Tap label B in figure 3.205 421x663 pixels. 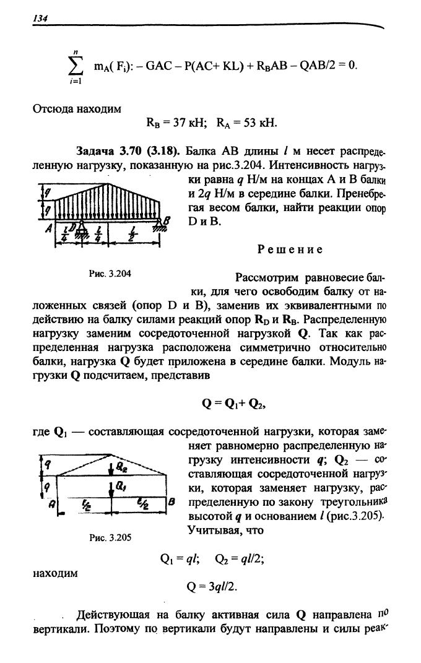[170, 503]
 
